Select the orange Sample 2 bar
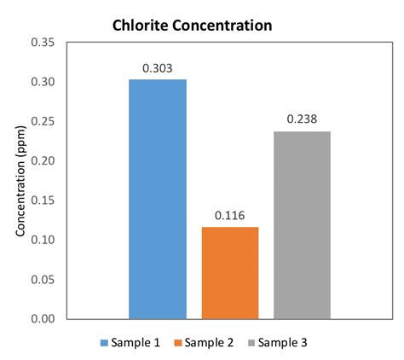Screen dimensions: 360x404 (230, 272)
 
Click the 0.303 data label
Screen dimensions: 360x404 (158, 67)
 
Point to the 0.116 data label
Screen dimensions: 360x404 (230, 215)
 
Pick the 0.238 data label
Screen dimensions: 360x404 (302, 119)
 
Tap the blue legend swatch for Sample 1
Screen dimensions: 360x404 (104, 343)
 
